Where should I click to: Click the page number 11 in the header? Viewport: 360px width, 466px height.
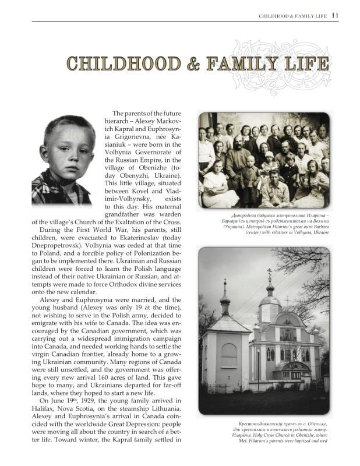(334, 16)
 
